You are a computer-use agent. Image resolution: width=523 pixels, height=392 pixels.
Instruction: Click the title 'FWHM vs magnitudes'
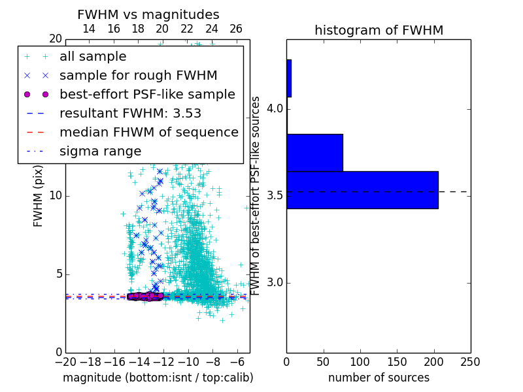point(148,15)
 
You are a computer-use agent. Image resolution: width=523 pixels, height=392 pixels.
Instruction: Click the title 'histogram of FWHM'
point(379,30)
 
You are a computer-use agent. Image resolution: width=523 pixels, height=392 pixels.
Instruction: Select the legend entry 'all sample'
point(93,57)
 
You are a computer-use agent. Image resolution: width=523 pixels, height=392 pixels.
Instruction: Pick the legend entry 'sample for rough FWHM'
point(138,76)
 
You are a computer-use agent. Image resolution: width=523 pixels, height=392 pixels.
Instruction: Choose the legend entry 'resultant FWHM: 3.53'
point(129,113)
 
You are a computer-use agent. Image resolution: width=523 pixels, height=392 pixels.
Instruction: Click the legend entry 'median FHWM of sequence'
point(148,132)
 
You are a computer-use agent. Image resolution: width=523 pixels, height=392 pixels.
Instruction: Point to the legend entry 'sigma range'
point(100,151)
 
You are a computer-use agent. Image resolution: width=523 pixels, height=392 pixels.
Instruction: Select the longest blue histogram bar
point(362,190)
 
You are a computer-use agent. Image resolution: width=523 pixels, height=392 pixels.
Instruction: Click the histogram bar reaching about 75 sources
point(314,153)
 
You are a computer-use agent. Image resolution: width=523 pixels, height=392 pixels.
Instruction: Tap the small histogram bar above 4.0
point(289,78)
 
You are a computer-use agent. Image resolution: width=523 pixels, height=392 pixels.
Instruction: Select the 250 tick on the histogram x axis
point(470,361)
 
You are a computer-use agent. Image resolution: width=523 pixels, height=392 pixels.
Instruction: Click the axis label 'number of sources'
point(379,378)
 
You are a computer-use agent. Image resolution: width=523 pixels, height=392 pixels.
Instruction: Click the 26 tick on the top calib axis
point(236,29)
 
